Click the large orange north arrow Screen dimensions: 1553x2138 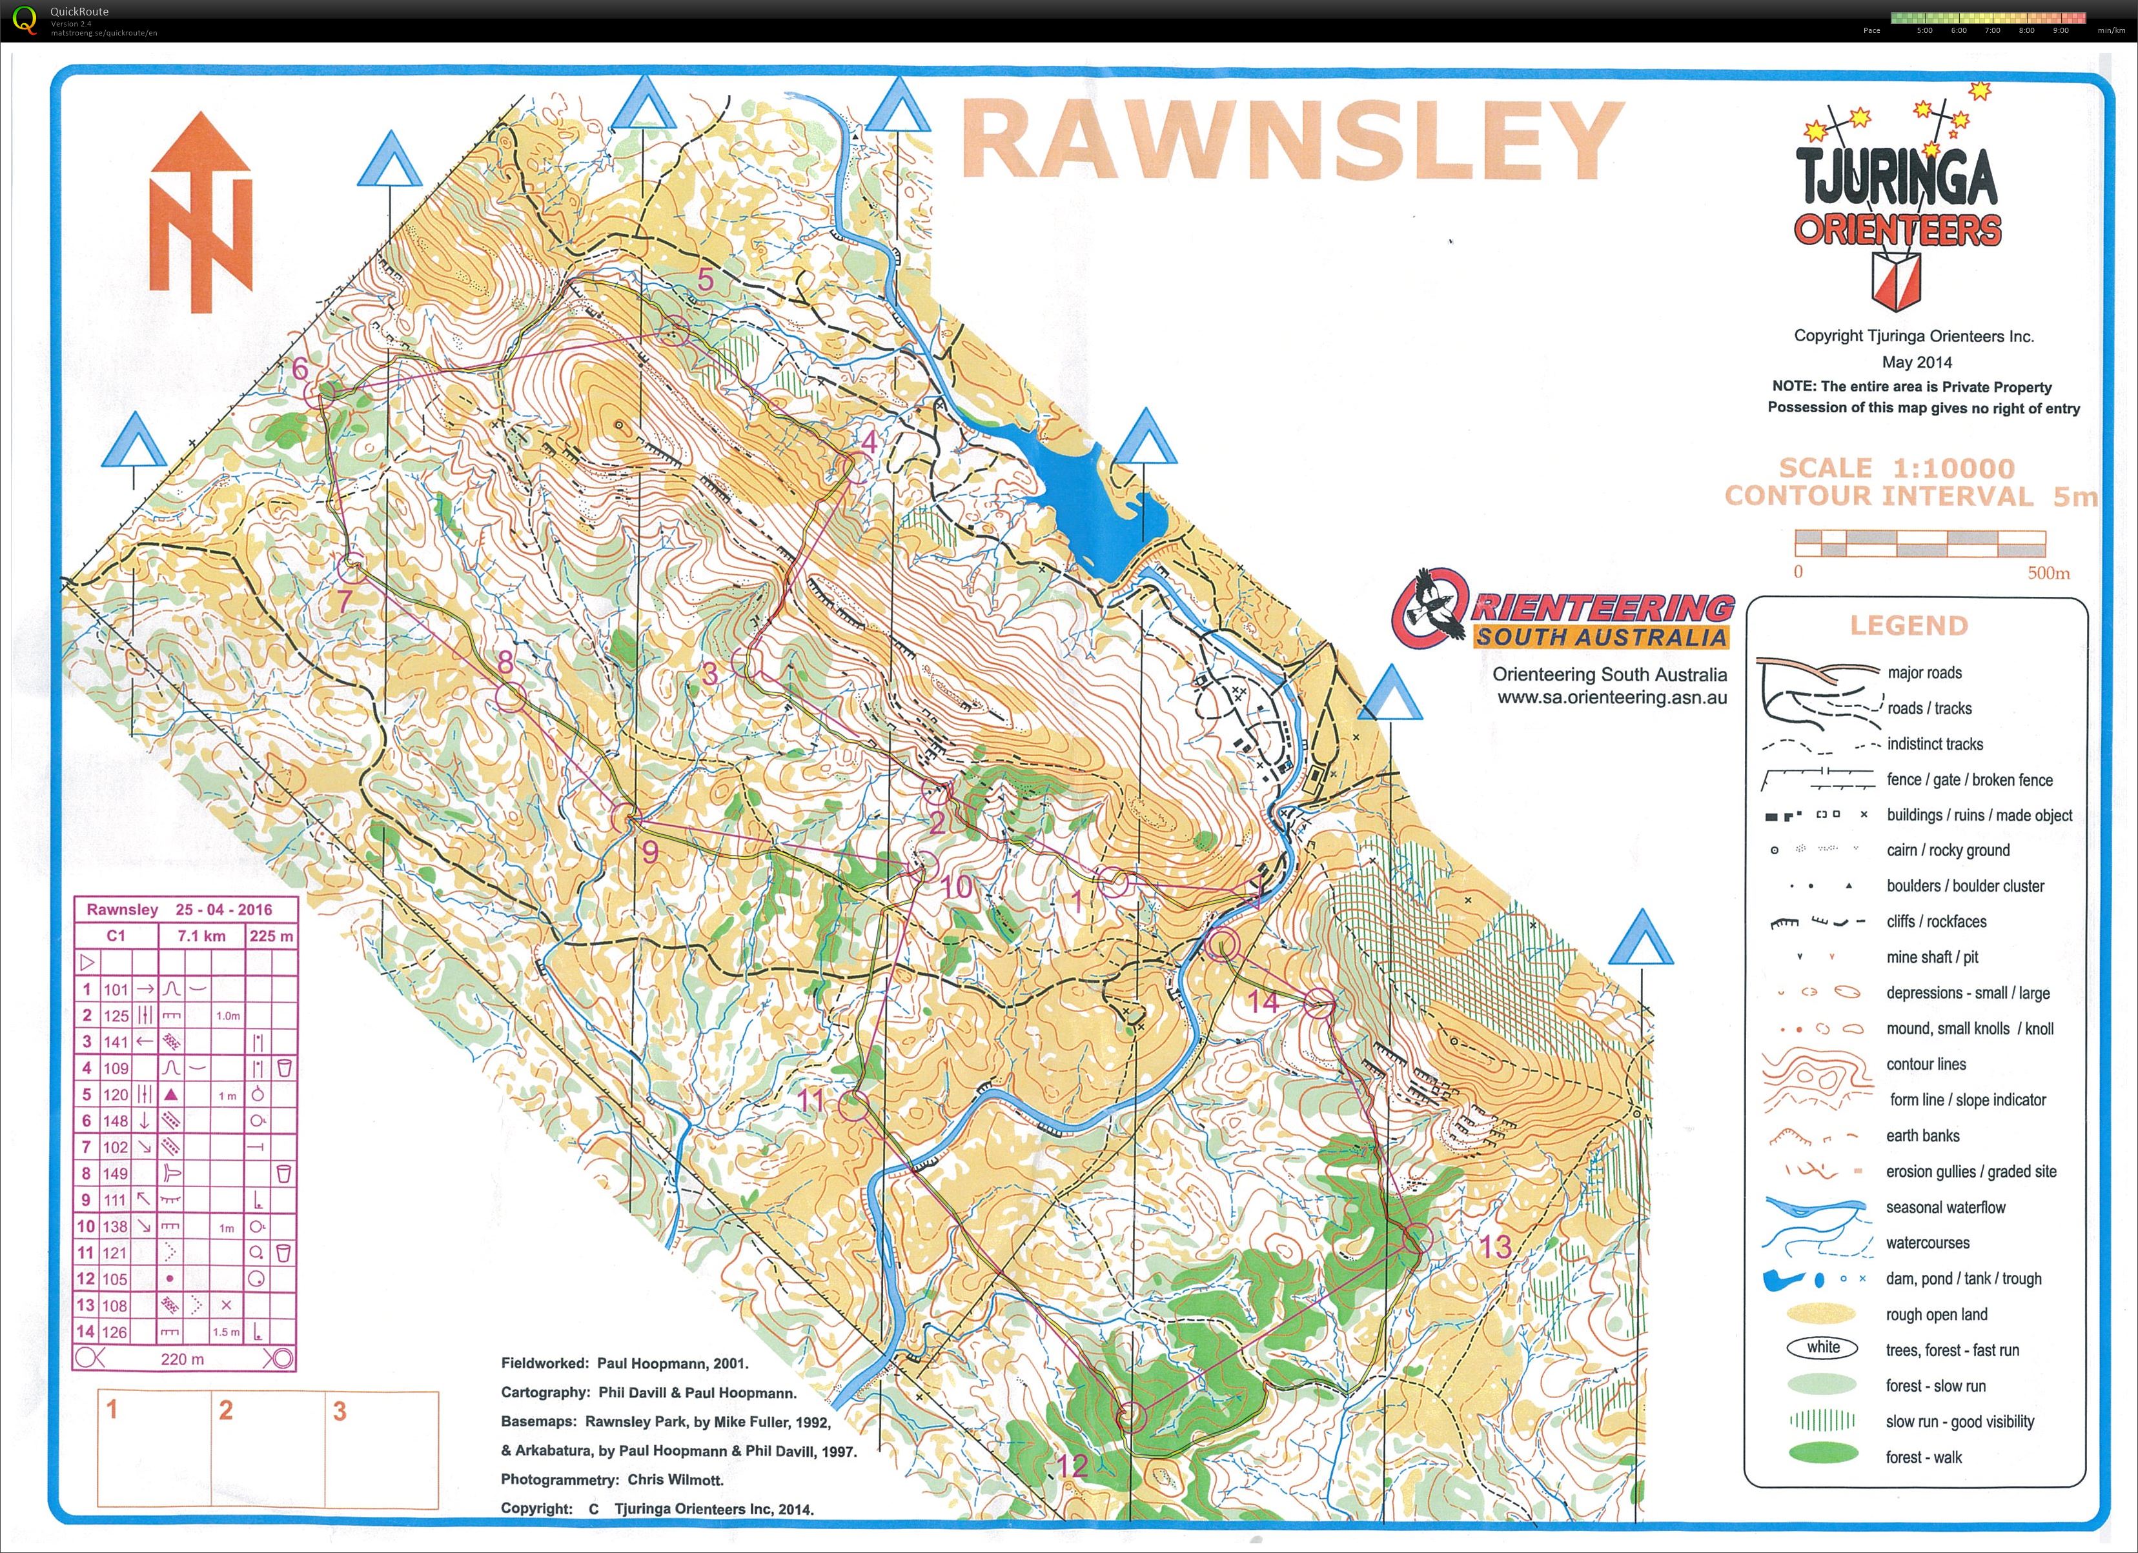[x=200, y=213]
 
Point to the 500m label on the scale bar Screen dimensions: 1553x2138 [x=2048, y=573]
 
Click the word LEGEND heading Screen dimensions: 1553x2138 [x=1909, y=626]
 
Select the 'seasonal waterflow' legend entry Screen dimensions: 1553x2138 [x=1945, y=1207]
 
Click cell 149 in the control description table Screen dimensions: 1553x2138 [x=116, y=1173]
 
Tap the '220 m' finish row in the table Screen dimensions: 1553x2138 [x=182, y=1359]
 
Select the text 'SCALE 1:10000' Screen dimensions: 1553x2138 [x=1896, y=467]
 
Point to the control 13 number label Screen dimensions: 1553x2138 [x=1494, y=1247]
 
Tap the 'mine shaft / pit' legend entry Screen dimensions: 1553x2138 [x=1931, y=957]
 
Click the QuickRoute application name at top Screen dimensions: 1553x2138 [x=79, y=12]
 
